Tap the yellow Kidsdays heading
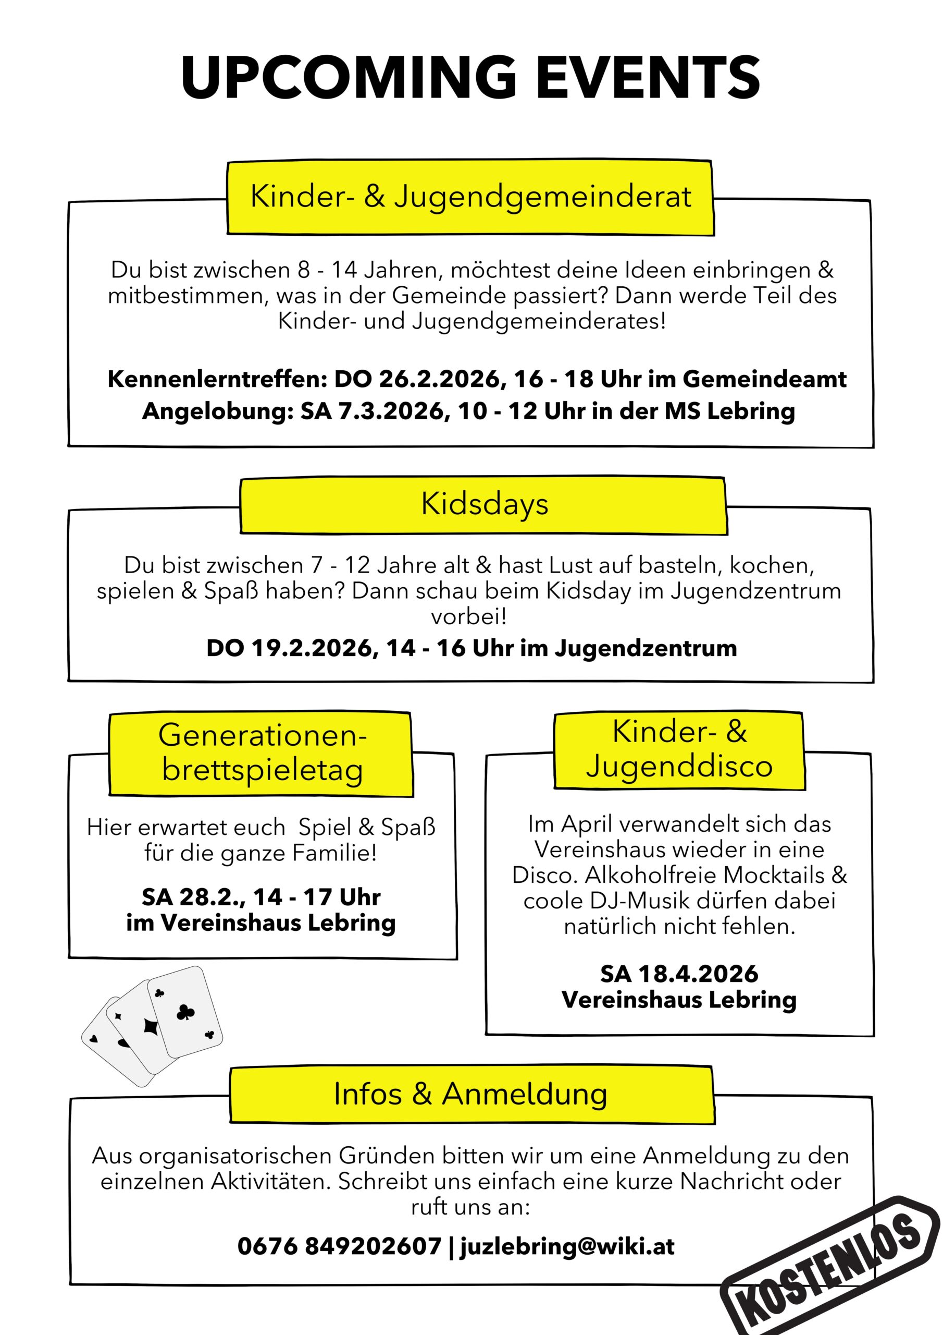(x=484, y=504)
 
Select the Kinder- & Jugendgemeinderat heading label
(x=470, y=197)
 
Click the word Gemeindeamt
(x=764, y=379)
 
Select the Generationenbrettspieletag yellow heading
(x=262, y=753)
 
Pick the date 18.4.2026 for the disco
(x=698, y=974)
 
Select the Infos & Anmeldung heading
(x=470, y=1094)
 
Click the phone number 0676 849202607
(x=339, y=1246)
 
